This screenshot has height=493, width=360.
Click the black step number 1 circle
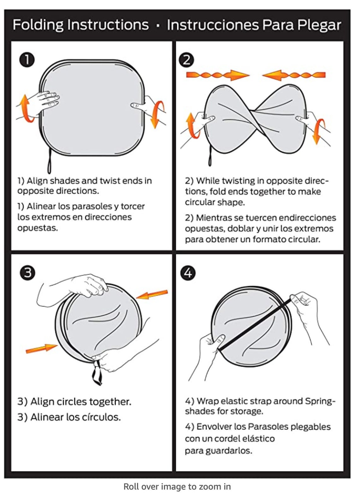coord(27,60)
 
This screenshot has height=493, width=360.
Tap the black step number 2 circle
coord(186,60)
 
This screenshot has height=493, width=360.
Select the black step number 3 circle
coord(27,273)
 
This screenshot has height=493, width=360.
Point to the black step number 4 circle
coord(188,273)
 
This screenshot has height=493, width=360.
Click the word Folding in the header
coord(38,25)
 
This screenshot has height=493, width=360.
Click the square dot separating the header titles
coord(157,26)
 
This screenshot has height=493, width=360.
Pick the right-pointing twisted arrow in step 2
coord(218,75)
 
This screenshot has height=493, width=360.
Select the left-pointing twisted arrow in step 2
coord(294,75)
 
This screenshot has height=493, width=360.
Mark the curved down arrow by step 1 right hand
coord(157,114)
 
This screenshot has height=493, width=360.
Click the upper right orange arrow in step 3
coord(152,294)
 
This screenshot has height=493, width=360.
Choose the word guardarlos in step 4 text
coord(229,451)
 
